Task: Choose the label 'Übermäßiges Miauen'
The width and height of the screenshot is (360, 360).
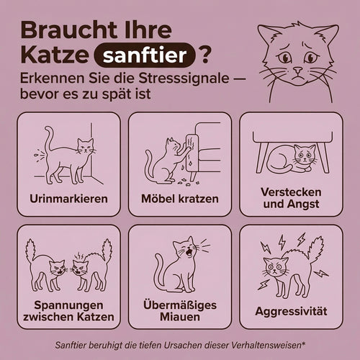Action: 180,310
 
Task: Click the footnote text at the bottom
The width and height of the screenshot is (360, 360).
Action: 180,344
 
